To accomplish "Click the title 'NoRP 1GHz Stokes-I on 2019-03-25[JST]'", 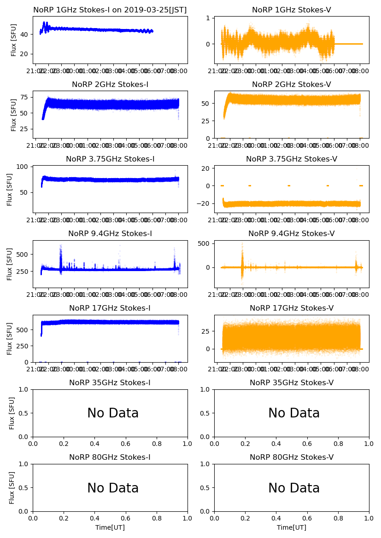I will (x=110, y=10).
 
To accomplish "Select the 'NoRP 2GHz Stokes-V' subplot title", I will (x=291, y=85).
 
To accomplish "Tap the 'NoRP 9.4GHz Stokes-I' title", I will (x=110, y=234).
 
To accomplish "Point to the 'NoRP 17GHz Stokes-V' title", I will (x=291, y=308).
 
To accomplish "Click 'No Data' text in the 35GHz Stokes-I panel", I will (x=113, y=413).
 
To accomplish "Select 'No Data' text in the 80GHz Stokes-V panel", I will (x=294, y=488).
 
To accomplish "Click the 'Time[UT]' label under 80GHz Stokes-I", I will (x=110, y=527).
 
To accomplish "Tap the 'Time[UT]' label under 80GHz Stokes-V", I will (x=291, y=527).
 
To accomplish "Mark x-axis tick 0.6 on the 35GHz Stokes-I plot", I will (x=126, y=444).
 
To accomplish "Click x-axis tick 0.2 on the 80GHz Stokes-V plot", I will (x=245, y=519).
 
